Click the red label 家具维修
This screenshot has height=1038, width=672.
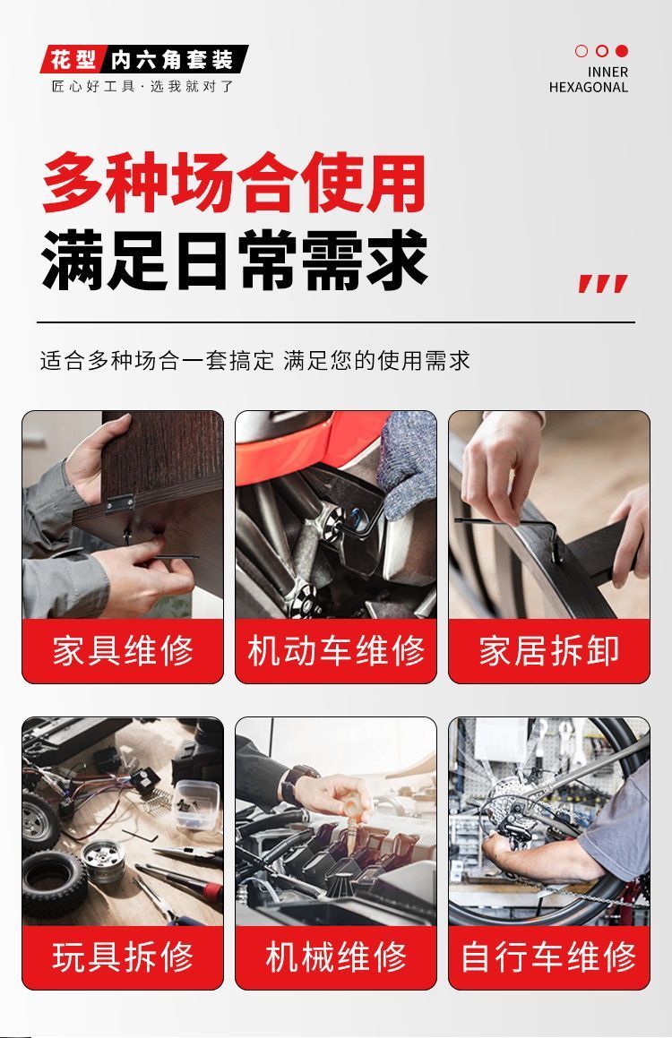pos(123,650)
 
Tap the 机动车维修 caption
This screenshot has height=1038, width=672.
pos(336,650)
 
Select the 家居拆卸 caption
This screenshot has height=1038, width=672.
pos(549,650)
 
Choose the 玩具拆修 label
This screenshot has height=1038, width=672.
pos(123,957)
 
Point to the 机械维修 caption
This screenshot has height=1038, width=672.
pos(336,957)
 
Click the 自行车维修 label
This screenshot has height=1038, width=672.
pos(549,957)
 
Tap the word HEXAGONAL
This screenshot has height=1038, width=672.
pos(588,87)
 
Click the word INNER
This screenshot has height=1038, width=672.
pos(607,72)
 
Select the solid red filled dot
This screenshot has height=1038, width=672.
pos(622,51)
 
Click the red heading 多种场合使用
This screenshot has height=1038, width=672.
pos(234,182)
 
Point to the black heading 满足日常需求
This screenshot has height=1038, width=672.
pos(234,260)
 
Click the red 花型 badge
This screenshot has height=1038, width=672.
pos(73,60)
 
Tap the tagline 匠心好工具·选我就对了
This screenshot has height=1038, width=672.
pos(143,86)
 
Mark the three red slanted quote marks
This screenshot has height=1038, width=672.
pos(602,283)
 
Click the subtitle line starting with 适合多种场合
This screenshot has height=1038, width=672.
pos(254,361)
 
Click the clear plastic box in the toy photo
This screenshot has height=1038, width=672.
pos(196,804)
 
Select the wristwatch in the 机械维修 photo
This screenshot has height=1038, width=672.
pos(295,781)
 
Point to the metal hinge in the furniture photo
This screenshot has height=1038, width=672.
pos(120,504)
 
